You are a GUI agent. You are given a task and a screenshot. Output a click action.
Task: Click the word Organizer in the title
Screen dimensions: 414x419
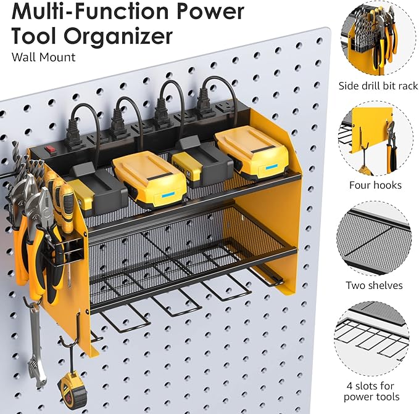click(122, 36)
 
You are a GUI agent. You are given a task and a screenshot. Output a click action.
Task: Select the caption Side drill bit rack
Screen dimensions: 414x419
click(378, 86)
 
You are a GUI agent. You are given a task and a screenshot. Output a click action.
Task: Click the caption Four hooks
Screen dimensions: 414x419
click(375, 185)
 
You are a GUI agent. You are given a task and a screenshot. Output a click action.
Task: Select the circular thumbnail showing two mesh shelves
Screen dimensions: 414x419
click(375, 241)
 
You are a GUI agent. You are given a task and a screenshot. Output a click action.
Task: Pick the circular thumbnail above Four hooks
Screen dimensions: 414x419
click(375, 141)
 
